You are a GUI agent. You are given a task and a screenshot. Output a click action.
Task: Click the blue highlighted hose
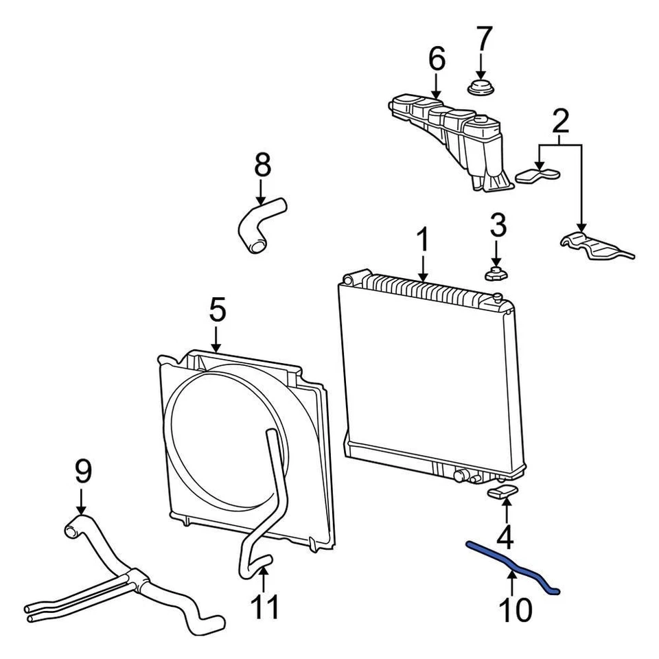512,568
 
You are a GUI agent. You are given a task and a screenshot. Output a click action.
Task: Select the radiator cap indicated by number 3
496,274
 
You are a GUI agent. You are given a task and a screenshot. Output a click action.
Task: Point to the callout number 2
560,122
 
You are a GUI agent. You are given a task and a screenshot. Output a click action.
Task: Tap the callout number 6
437,60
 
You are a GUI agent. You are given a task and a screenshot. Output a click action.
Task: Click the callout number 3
498,226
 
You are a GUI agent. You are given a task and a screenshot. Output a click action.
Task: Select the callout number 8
263,167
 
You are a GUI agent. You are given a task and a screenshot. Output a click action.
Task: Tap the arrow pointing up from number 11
264,579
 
